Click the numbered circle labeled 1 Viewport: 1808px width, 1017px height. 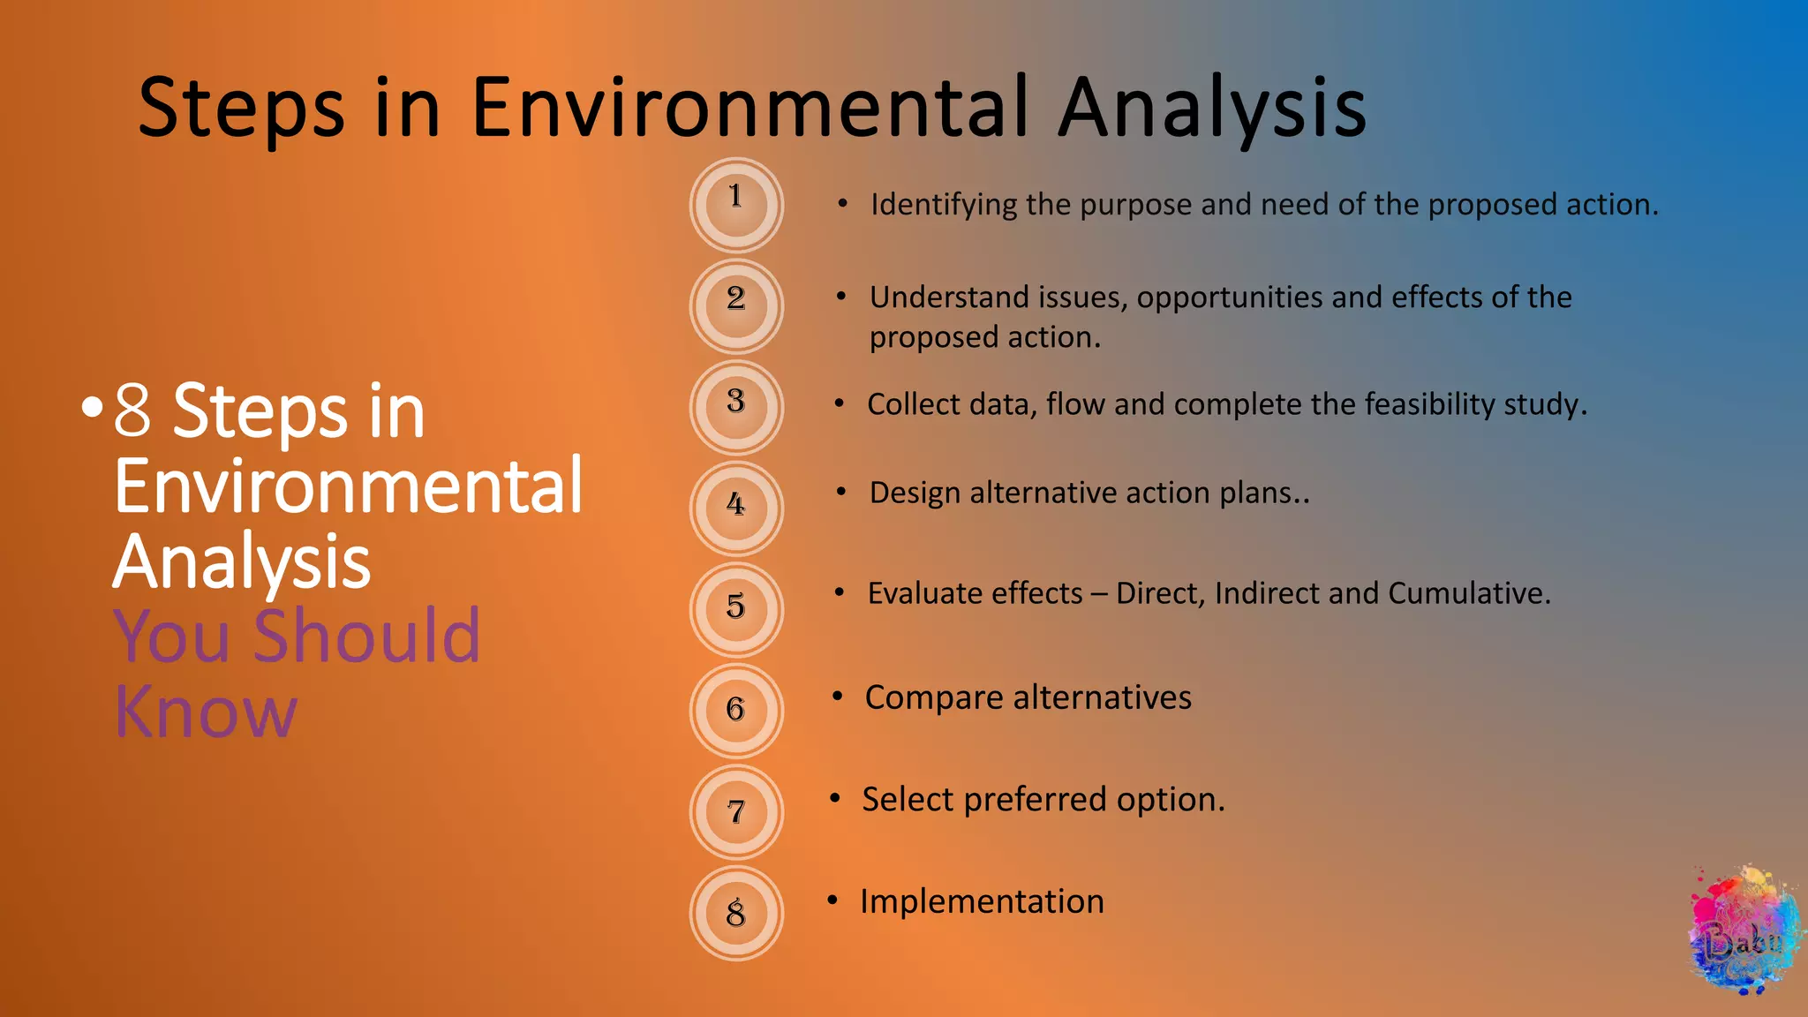click(735, 205)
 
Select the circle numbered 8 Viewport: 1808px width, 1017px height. click(735, 914)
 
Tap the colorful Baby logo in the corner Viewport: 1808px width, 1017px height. click(1744, 933)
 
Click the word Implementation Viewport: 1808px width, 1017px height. click(982, 901)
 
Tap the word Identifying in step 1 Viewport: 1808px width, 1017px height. click(944, 205)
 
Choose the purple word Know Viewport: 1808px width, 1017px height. click(206, 712)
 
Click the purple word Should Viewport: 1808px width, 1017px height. click(366, 636)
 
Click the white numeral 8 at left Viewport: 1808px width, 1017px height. click(133, 411)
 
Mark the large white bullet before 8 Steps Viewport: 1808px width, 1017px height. click(92, 408)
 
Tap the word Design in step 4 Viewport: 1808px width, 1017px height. click(915, 493)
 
